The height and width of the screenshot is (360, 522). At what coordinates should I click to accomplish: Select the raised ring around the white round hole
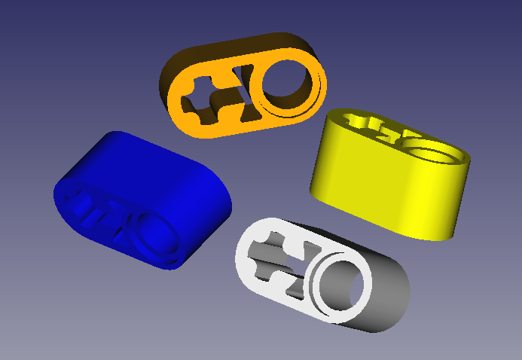coord(321,290)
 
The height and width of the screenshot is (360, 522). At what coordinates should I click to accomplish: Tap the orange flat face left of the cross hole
coord(181,102)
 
